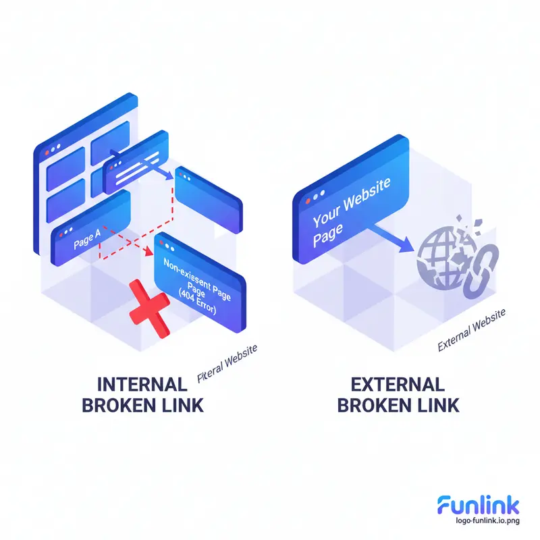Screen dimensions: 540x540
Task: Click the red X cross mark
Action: click(150, 308)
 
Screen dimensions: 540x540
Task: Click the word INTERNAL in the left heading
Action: click(142, 385)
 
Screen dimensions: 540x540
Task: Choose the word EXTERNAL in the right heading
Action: click(398, 385)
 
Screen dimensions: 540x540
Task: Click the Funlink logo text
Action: click(479, 505)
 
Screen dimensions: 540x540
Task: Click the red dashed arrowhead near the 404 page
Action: click(148, 252)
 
